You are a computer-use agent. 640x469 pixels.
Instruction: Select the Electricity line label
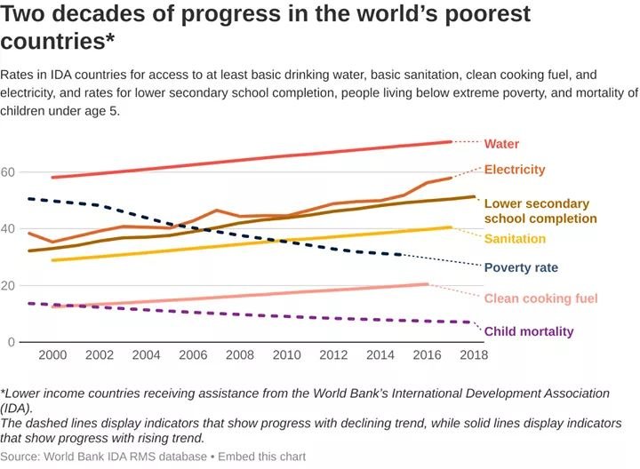coord(515,170)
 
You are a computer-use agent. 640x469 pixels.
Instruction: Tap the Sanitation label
coord(515,239)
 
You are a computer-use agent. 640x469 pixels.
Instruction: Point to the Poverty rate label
coord(521,267)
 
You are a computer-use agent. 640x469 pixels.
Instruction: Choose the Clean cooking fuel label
coord(540,299)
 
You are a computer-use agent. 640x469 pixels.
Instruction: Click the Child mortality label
coord(529,331)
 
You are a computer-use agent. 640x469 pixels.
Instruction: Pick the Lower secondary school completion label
coord(540,211)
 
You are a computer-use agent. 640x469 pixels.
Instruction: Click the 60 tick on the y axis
coord(9,172)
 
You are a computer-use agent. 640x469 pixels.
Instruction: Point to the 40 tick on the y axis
coord(9,229)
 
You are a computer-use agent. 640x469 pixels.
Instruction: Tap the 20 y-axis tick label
coord(9,285)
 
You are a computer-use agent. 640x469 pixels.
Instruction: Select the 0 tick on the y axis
coord(12,342)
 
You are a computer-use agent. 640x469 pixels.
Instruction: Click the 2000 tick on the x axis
coord(52,355)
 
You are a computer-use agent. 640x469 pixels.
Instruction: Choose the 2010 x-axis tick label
coord(287,355)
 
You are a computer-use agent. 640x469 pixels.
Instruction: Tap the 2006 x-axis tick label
coord(193,355)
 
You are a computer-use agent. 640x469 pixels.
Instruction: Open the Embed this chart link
coord(261,457)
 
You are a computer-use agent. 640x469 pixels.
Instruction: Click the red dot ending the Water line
coord(452,142)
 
